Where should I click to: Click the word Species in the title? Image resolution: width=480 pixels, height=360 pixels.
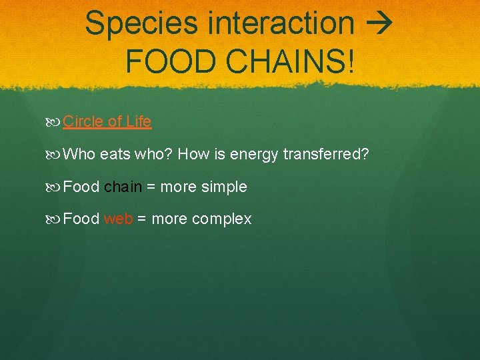[142, 24]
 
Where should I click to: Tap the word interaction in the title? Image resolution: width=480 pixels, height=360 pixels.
[281, 23]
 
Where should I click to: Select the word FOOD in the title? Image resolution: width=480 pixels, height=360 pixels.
[166, 61]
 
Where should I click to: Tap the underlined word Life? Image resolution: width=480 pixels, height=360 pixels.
[139, 122]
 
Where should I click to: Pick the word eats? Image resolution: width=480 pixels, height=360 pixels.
[115, 155]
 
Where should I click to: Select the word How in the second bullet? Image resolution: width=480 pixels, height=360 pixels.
[194, 155]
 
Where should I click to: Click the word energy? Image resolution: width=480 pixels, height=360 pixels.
[252, 155]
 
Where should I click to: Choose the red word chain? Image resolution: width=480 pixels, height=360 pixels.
[123, 187]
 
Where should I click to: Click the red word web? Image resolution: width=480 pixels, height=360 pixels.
[119, 219]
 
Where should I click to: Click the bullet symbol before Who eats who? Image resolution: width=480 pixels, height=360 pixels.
[53, 155]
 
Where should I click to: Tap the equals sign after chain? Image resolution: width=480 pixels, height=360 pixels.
[151, 187]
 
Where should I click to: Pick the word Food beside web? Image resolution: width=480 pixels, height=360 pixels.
[81, 219]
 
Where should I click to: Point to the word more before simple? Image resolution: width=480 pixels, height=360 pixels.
[179, 187]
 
